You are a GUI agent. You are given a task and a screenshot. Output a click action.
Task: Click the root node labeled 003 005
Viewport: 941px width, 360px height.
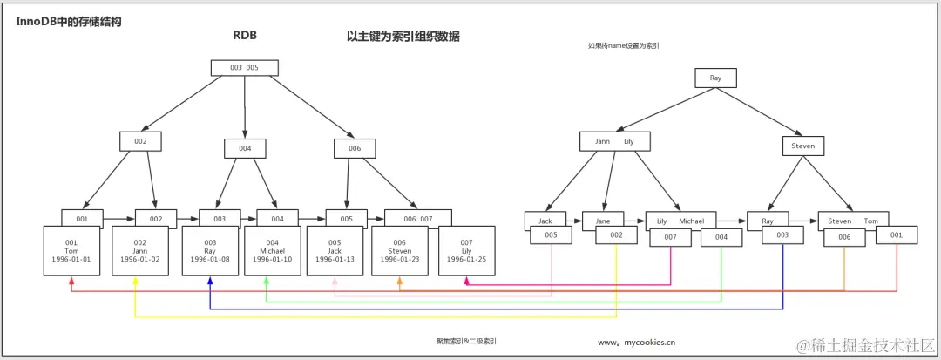pyautogui.click(x=244, y=67)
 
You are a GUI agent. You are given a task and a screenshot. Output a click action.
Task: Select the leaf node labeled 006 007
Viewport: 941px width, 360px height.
pyautogui.click(x=418, y=218)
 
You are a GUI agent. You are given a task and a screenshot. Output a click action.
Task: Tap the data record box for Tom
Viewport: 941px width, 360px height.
pyautogui.click(x=71, y=251)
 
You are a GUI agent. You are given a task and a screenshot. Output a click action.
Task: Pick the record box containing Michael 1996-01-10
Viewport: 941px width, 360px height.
pyautogui.click(x=272, y=251)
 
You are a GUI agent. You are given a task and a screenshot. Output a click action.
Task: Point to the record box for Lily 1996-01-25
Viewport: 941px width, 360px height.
pyautogui.click(x=466, y=251)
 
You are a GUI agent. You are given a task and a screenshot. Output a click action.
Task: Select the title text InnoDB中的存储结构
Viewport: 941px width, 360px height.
pyautogui.click(x=68, y=21)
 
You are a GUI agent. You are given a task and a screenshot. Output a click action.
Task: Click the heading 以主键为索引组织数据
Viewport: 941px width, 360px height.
pyautogui.click(x=403, y=37)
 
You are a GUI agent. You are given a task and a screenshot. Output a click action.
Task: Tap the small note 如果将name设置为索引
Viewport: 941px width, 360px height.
pyautogui.click(x=623, y=45)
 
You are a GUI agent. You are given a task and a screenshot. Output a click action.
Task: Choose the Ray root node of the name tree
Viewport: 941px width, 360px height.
pyautogui.click(x=715, y=78)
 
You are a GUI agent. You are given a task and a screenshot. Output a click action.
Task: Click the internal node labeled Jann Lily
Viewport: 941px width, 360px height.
pyautogui.click(x=615, y=141)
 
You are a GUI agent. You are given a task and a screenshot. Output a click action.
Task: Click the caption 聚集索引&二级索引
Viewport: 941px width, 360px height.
pyautogui.click(x=467, y=342)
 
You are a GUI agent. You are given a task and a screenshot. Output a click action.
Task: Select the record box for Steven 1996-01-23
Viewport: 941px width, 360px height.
pyautogui.click(x=400, y=251)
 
